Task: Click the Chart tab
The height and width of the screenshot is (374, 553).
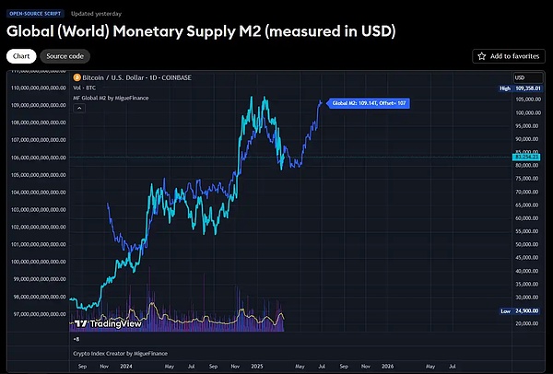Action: [20, 56]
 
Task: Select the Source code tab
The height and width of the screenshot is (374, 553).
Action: [65, 56]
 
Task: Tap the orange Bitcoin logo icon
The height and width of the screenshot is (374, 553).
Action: [77, 77]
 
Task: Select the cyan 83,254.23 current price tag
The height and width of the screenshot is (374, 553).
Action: [527, 158]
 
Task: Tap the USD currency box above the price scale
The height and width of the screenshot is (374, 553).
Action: [520, 76]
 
